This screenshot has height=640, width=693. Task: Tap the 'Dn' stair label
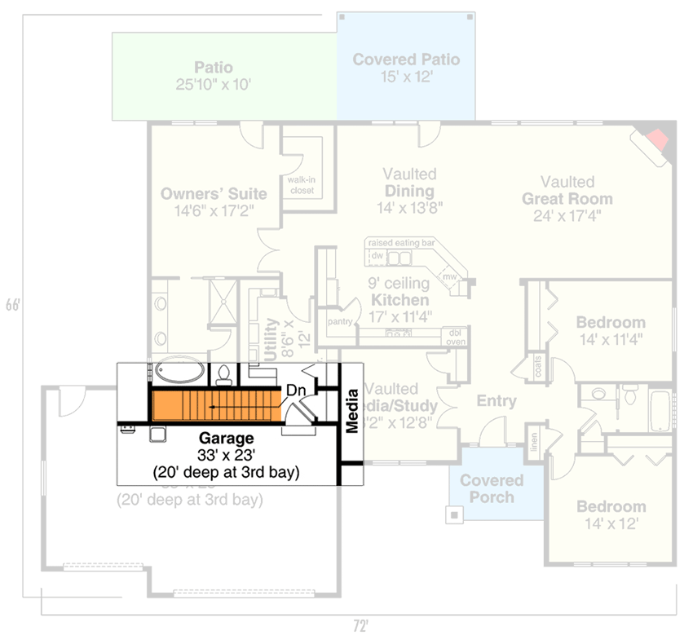(296, 391)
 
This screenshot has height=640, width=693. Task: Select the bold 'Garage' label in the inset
(226, 439)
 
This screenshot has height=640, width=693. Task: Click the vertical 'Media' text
(352, 413)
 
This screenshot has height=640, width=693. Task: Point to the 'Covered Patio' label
(406, 60)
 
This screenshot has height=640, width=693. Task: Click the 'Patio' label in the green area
(213, 68)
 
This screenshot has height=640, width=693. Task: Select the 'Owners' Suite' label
(213, 194)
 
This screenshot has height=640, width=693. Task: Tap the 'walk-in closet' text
(302, 185)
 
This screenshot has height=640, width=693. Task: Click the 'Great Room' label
(567, 199)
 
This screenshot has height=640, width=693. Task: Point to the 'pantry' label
(340, 321)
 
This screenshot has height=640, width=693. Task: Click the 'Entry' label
(497, 401)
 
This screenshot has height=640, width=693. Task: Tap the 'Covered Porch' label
(492, 488)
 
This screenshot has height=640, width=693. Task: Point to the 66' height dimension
(12, 305)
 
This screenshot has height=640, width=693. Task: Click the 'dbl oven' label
(454, 337)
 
